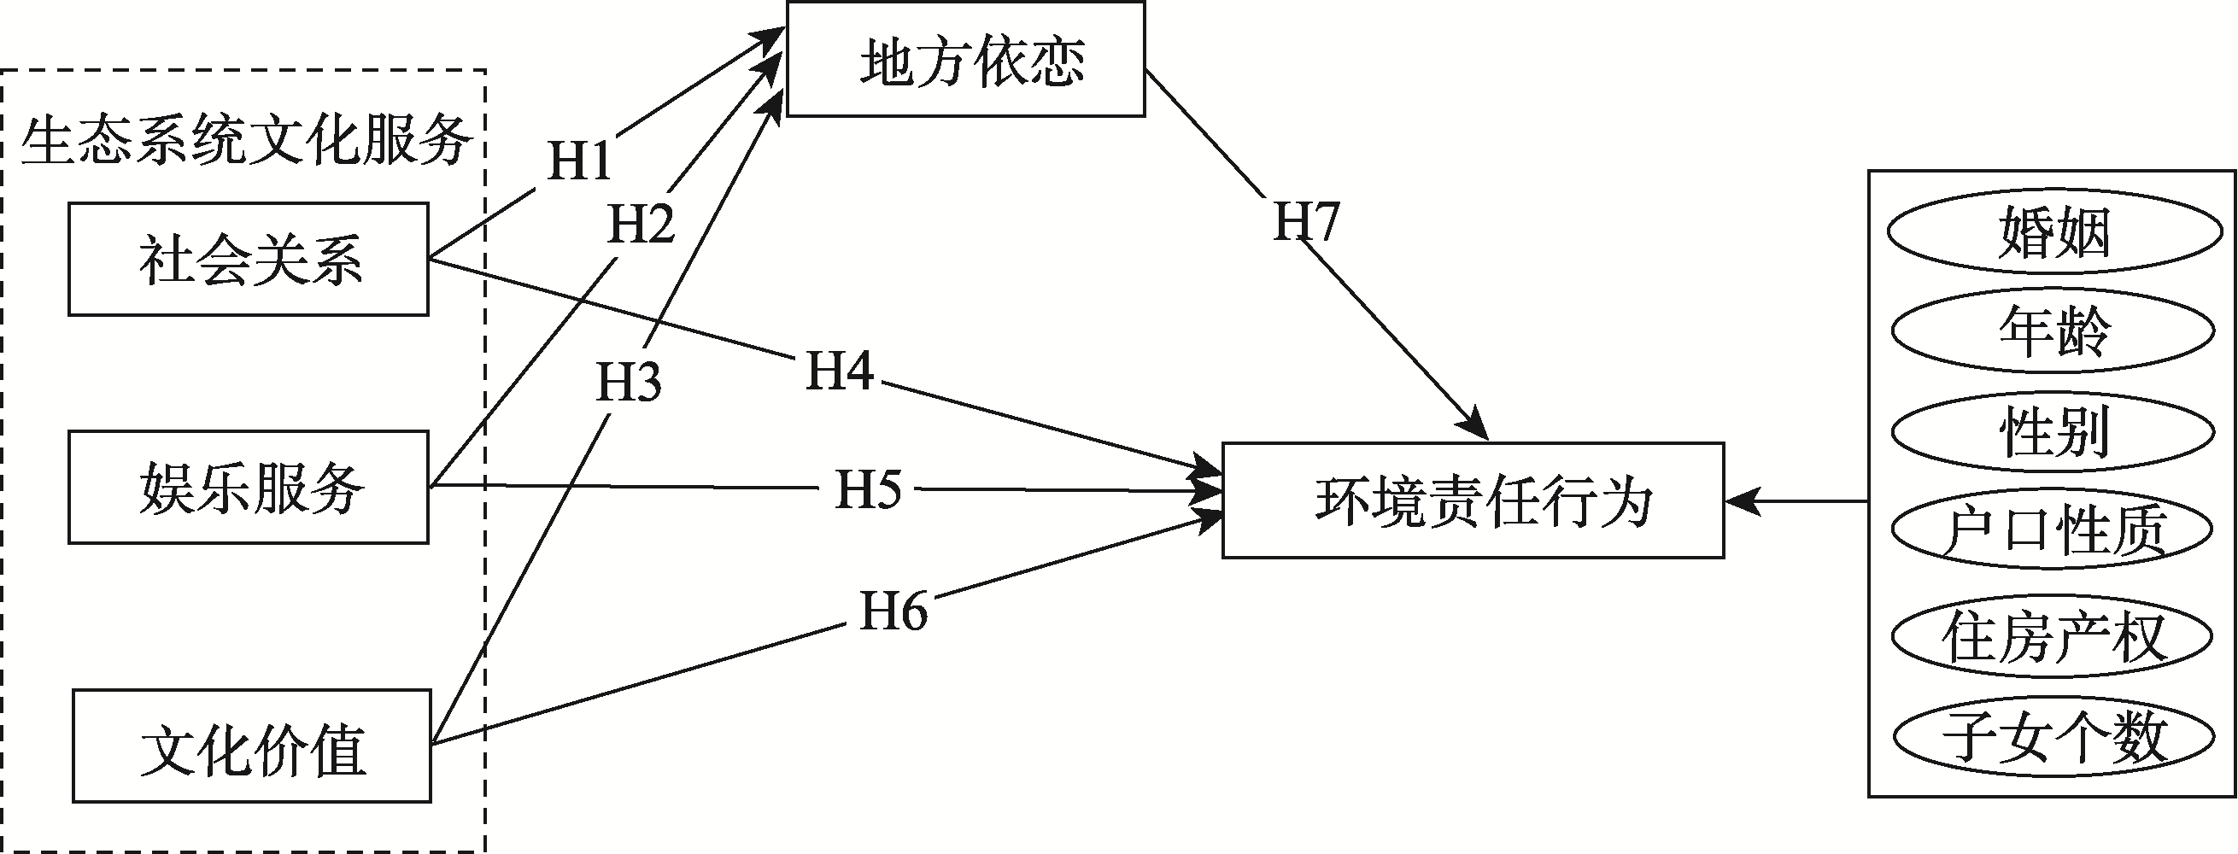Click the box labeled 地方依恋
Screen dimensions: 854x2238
tap(965, 59)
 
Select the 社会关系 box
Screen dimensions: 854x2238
tap(249, 259)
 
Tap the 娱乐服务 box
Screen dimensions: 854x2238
tap(249, 488)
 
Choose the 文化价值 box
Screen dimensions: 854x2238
tap(252, 746)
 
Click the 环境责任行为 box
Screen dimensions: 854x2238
tap(1473, 500)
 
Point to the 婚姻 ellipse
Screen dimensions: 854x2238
tap(2052, 233)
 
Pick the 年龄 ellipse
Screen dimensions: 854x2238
tap(2052, 331)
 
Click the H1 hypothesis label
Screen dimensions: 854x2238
tap(579, 161)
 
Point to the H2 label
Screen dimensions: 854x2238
tap(642, 224)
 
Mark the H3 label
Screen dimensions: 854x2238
tap(628, 383)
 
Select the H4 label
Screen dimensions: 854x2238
tap(838, 371)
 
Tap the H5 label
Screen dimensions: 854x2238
tap(868, 489)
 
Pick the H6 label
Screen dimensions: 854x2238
tap(893, 611)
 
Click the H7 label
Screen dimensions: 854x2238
tap(1306, 221)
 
